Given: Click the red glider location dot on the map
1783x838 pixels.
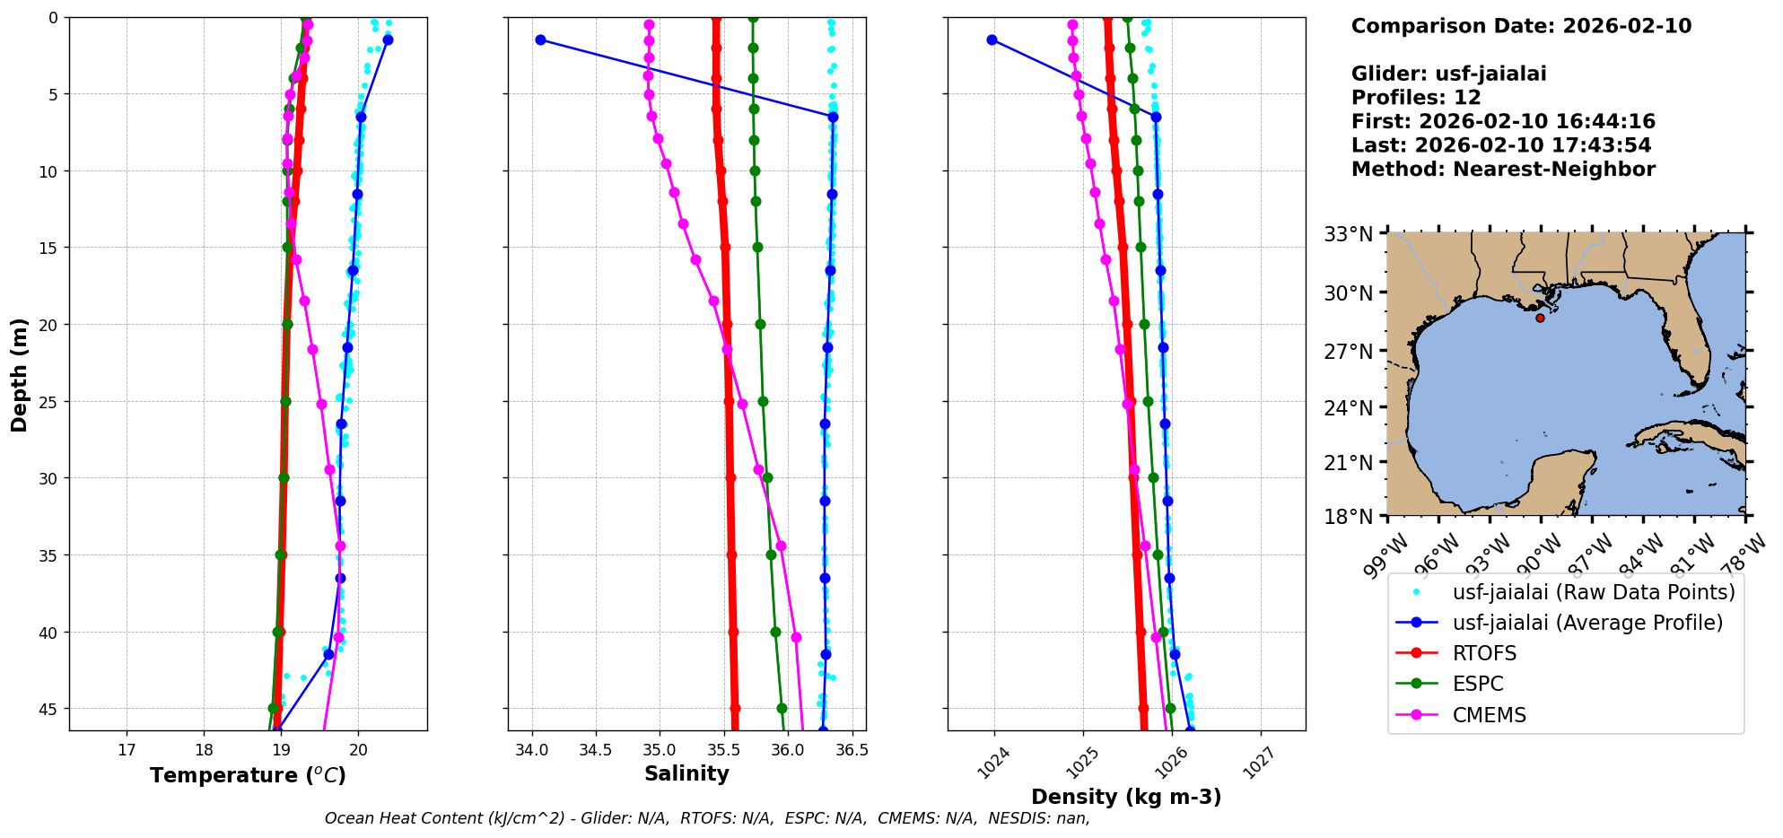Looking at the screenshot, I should (x=1540, y=318).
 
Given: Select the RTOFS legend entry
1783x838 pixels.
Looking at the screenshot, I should (x=1484, y=653).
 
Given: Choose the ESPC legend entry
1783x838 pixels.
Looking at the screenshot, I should (x=1477, y=684).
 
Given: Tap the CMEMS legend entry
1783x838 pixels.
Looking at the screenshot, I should (x=1489, y=715).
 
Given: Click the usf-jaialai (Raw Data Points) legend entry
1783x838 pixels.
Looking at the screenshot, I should (x=1593, y=592).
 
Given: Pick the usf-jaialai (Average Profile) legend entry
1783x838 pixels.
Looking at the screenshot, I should (x=1587, y=623).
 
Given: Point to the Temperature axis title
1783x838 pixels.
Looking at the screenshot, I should (x=248, y=775).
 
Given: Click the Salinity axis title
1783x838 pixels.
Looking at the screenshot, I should (x=686, y=773).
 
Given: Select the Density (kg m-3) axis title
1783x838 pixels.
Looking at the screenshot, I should (x=1126, y=797).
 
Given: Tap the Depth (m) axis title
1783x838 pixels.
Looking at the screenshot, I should (x=20, y=374).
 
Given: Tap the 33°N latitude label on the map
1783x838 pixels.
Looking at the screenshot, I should (x=1348, y=234).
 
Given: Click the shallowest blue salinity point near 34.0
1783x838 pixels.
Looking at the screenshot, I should (x=540, y=39).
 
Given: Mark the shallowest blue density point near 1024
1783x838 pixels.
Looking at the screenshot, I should (x=992, y=39).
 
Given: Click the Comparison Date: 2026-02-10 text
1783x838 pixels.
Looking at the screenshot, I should (x=1521, y=26).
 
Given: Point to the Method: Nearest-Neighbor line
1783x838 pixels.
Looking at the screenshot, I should (x=1503, y=170).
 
